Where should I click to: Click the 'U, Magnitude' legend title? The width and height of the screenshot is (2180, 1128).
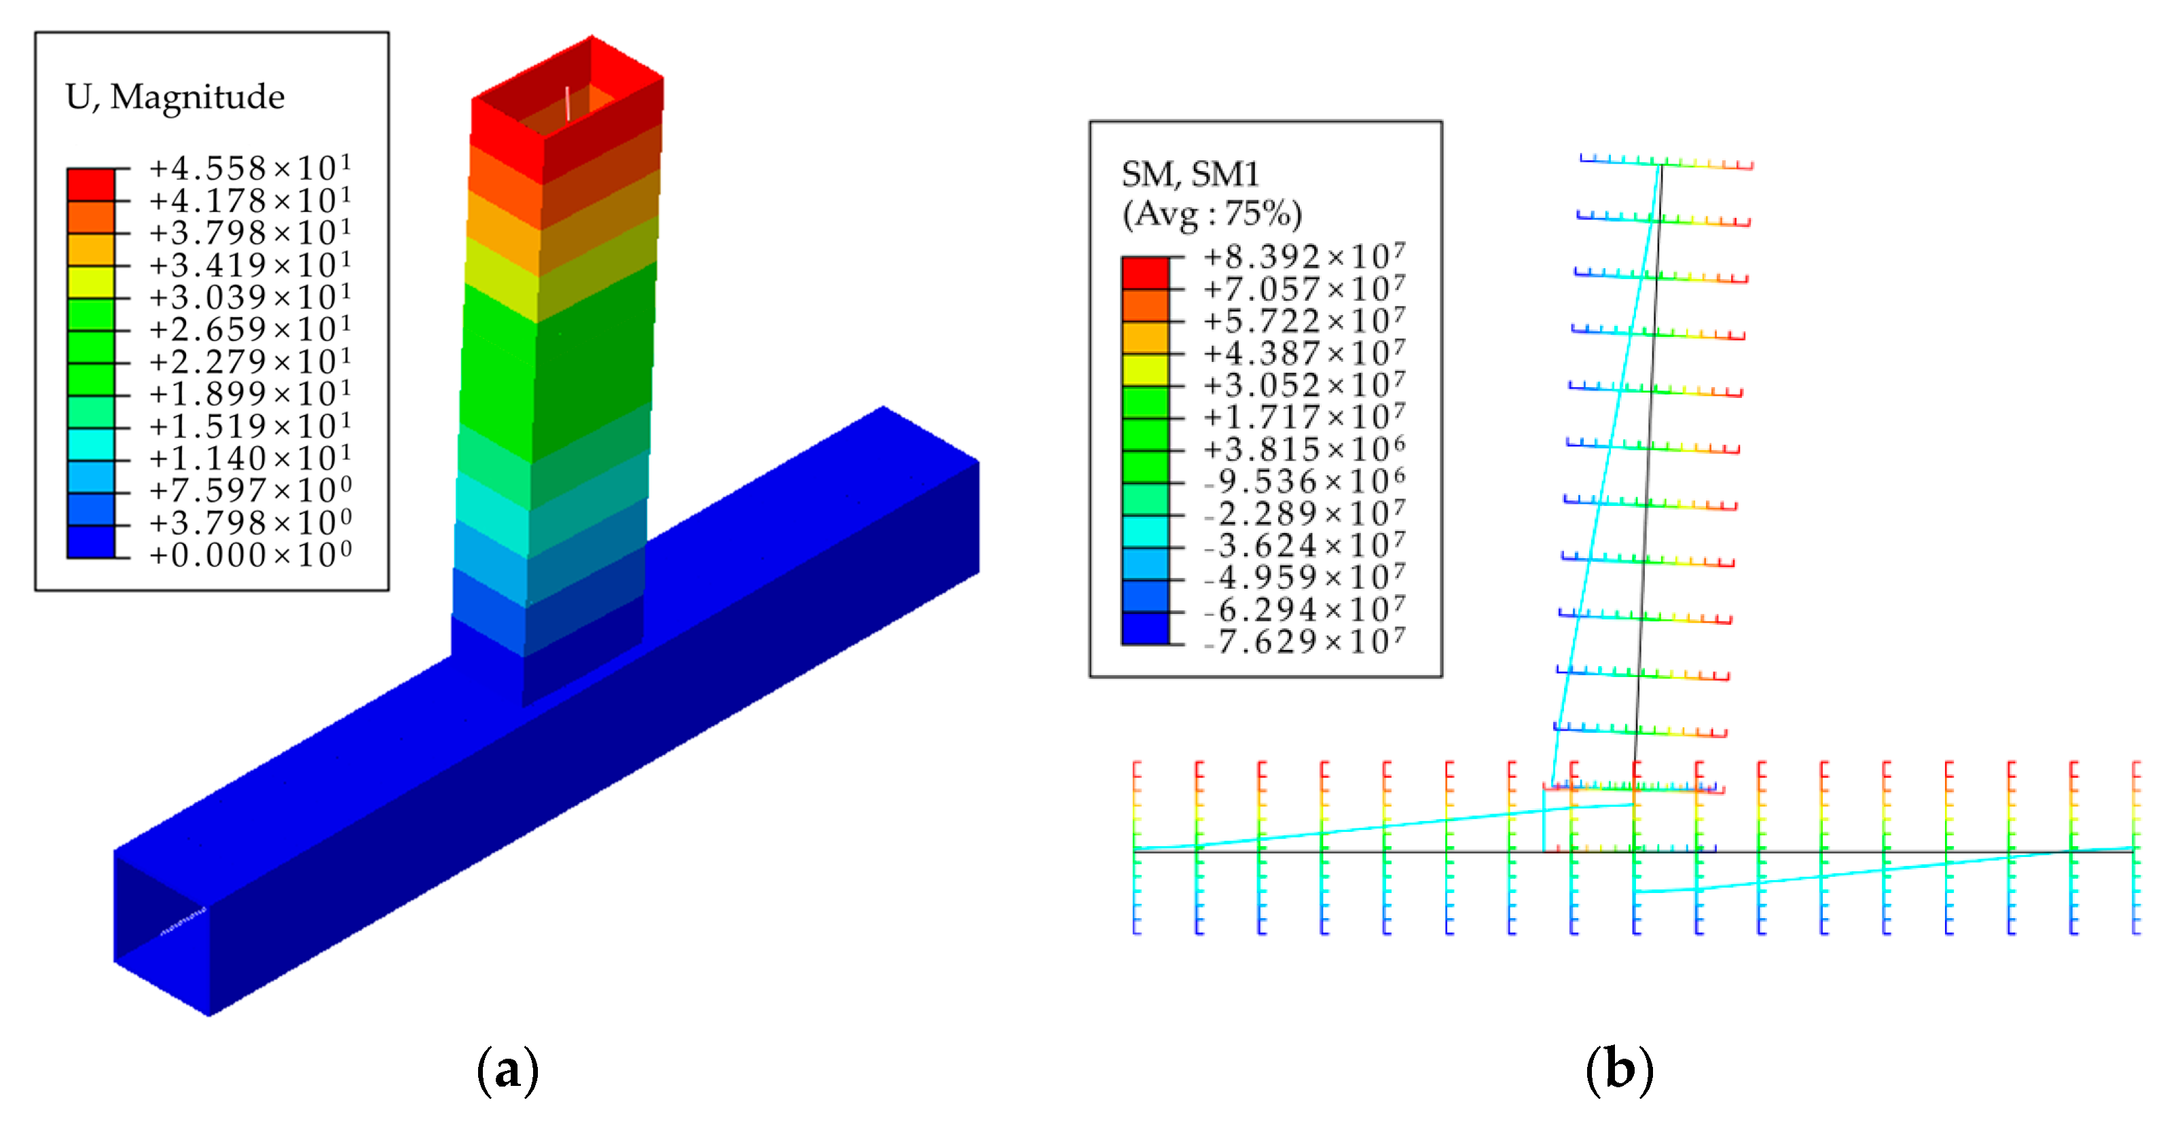click(x=175, y=97)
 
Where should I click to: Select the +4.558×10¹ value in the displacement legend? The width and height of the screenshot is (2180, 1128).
click(x=250, y=168)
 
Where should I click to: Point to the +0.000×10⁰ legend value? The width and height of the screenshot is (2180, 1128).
click(x=250, y=554)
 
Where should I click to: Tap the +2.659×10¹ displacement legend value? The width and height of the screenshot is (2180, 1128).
click(x=250, y=328)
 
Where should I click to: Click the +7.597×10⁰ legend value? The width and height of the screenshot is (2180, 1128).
click(x=250, y=490)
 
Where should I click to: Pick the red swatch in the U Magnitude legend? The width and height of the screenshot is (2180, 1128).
click(x=90, y=185)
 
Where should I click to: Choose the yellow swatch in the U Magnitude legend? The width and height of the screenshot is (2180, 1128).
click(x=90, y=282)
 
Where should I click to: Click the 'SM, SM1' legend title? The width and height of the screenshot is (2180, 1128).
click(x=1190, y=175)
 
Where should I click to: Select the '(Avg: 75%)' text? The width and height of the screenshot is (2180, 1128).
click(x=1212, y=214)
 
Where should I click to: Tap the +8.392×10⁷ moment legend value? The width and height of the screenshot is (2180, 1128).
click(x=1304, y=255)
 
